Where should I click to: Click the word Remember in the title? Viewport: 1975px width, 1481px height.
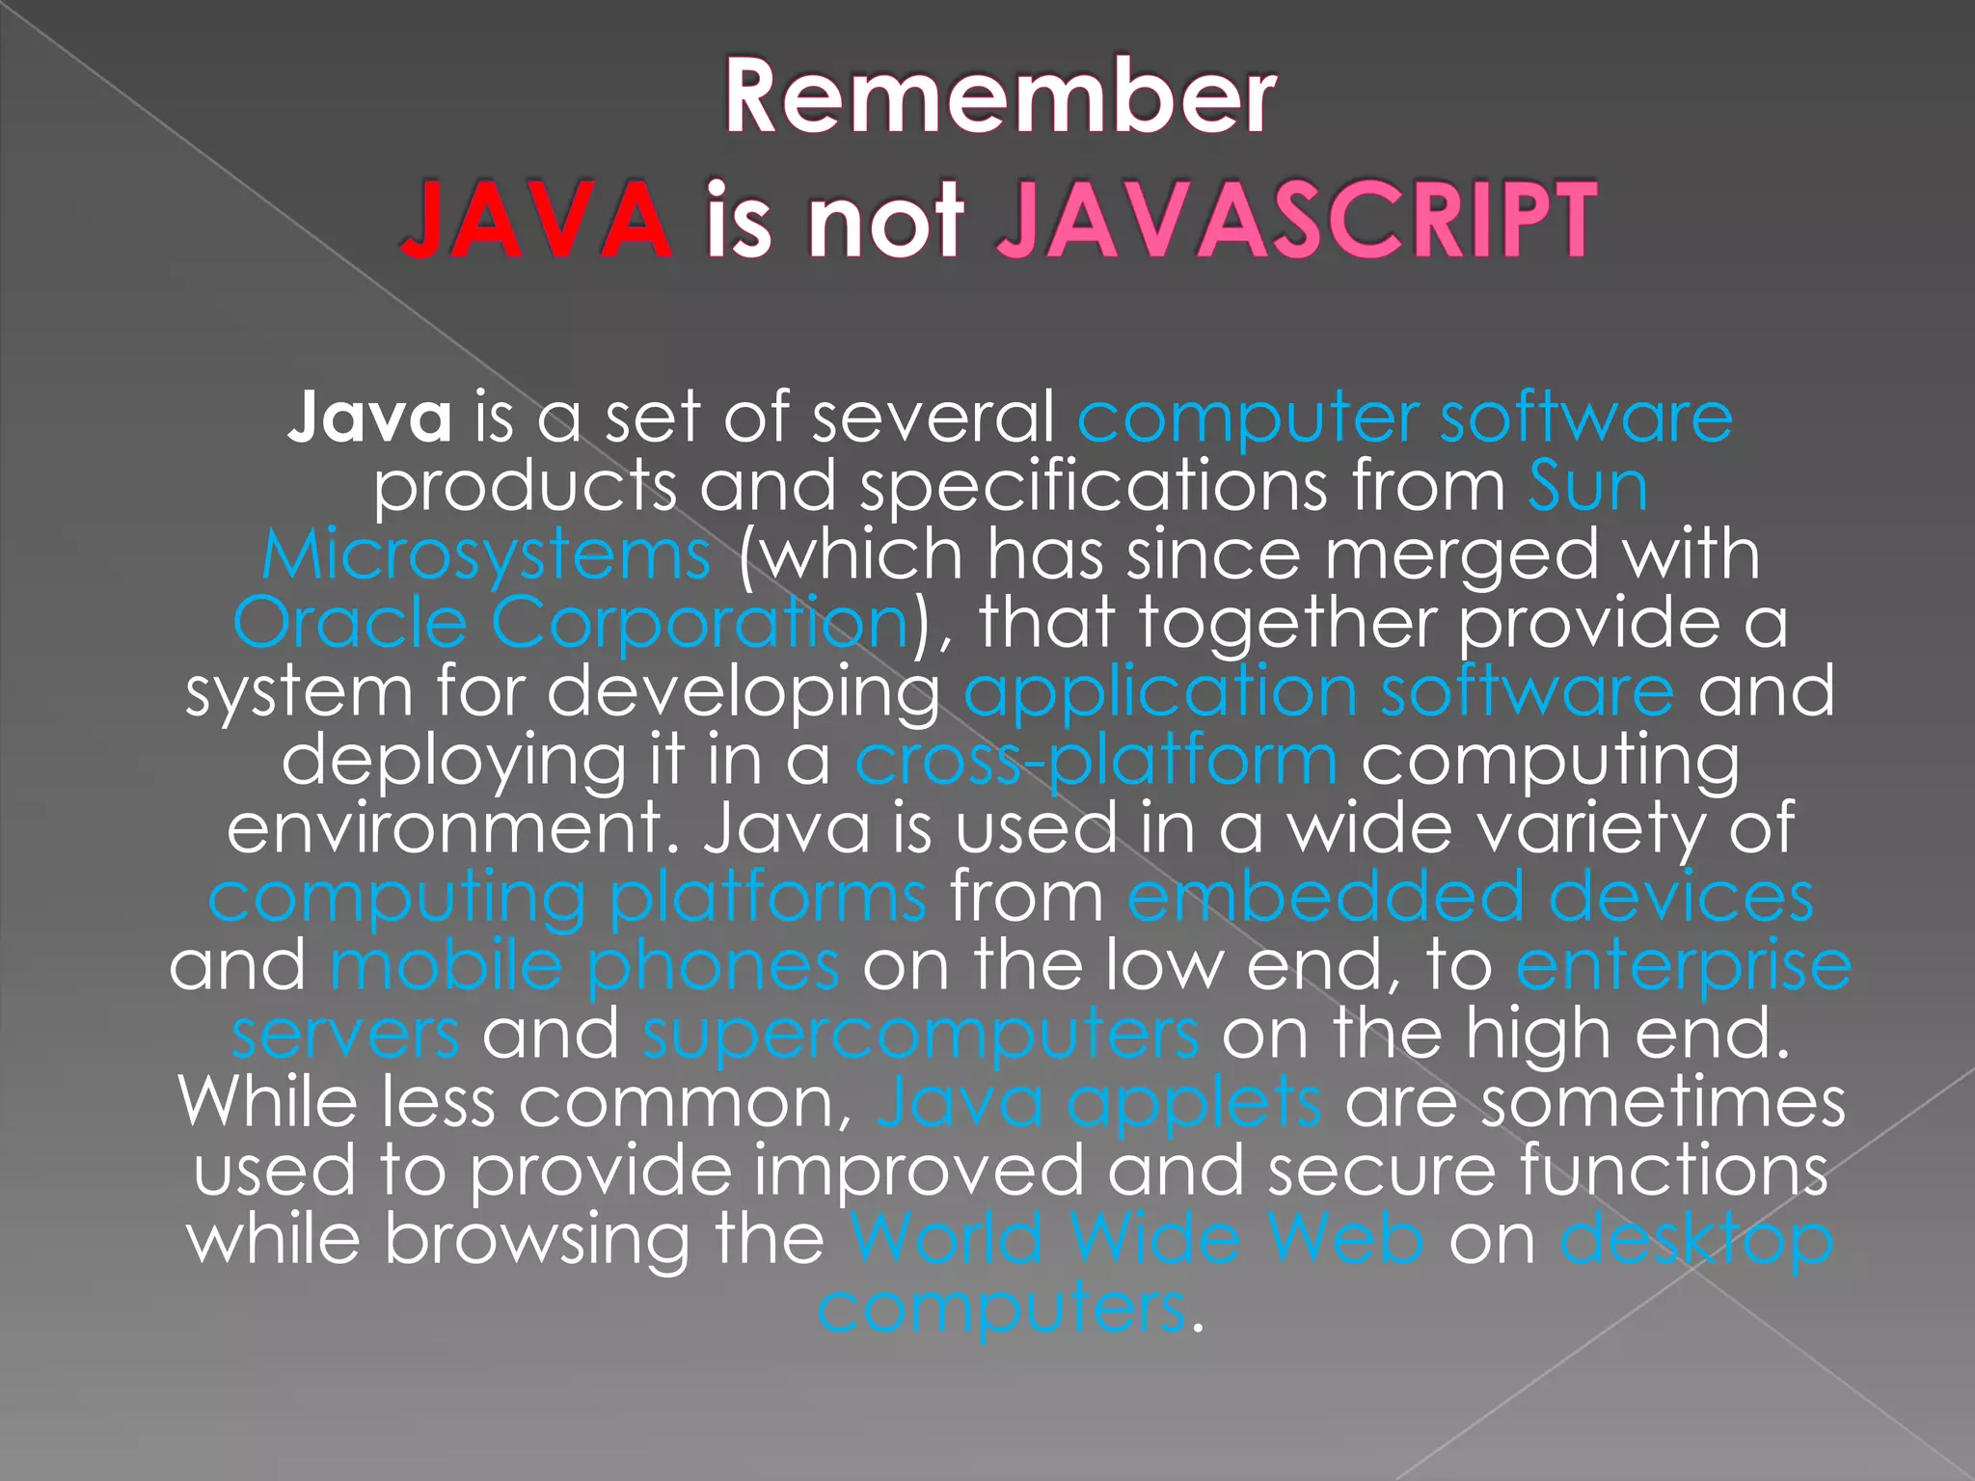(x=1000, y=96)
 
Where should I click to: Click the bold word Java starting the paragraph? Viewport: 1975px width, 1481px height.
(x=369, y=417)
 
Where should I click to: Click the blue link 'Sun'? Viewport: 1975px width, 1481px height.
(x=1587, y=486)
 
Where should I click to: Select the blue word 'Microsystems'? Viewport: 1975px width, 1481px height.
(x=487, y=555)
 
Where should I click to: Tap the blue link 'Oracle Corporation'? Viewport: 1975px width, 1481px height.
(x=571, y=623)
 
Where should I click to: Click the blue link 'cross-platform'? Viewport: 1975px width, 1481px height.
(x=1096, y=761)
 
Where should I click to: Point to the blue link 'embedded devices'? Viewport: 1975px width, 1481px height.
(x=1470, y=898)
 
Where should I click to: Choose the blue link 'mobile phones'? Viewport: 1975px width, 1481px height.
(x=584, y=966)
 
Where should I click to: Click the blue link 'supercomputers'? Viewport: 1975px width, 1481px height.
(x=921, y=1035)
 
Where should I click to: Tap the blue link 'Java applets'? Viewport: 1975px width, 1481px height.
(x=1098, y=1103)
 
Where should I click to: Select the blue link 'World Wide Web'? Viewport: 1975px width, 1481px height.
(x=1137, y=1239)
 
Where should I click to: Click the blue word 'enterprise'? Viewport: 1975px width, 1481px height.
(x=1683, y=966)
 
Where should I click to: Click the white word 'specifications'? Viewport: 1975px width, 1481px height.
(x=1094, y=487)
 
